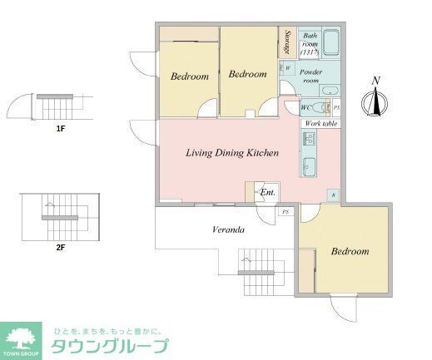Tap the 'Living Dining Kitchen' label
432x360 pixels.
point(231,153)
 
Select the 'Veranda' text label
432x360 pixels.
point(226,229)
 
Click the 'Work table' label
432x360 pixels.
point(320,123)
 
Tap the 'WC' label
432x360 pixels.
point(305,106)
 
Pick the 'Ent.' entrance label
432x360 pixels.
point(268,193)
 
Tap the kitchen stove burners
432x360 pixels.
point(311,138)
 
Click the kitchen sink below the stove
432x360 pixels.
point(310,163)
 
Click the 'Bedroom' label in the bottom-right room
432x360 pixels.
point(350,251)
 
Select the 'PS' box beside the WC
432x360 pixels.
point(336,106)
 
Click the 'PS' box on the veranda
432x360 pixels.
point(286,212)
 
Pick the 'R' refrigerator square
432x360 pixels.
point(334,195)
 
